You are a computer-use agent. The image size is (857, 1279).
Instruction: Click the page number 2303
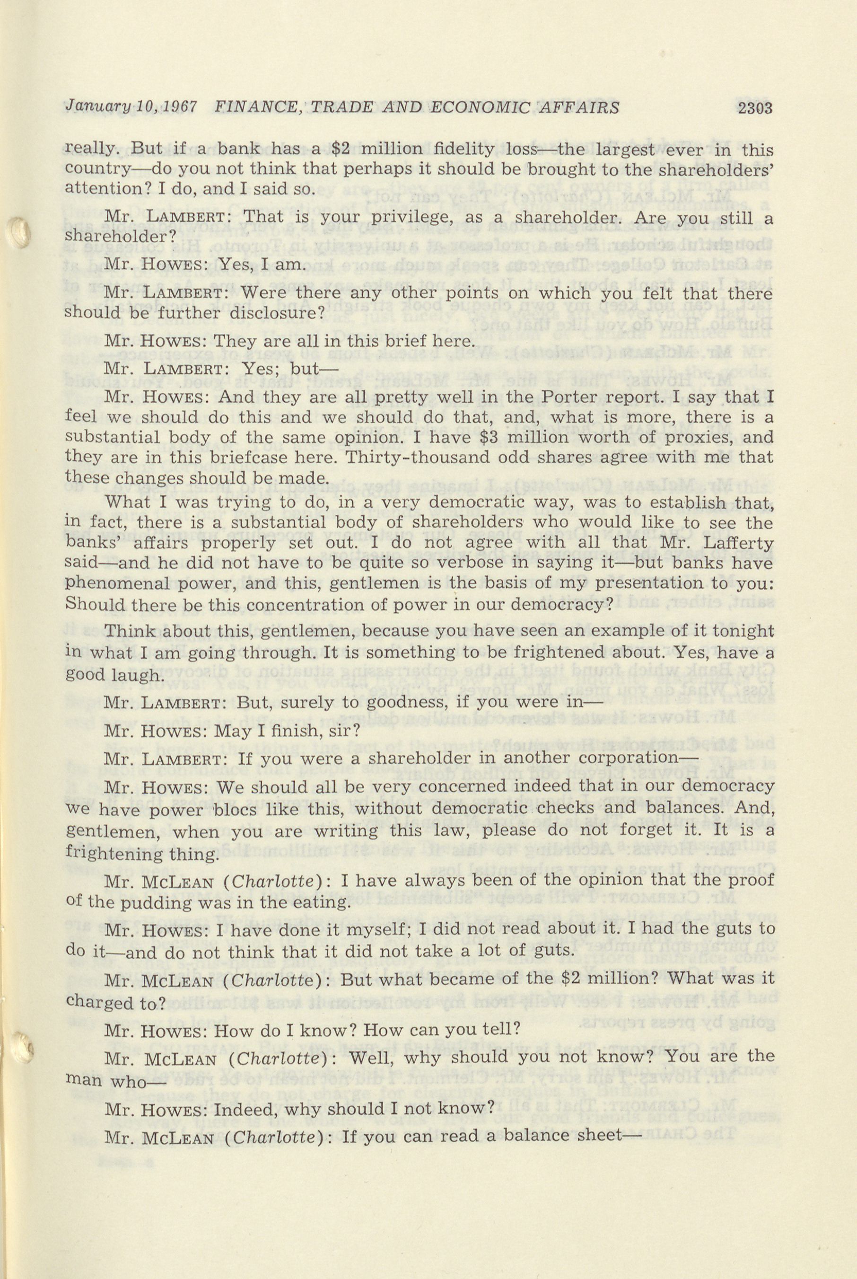(754, 108)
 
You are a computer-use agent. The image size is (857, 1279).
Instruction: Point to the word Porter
(583, 397)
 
